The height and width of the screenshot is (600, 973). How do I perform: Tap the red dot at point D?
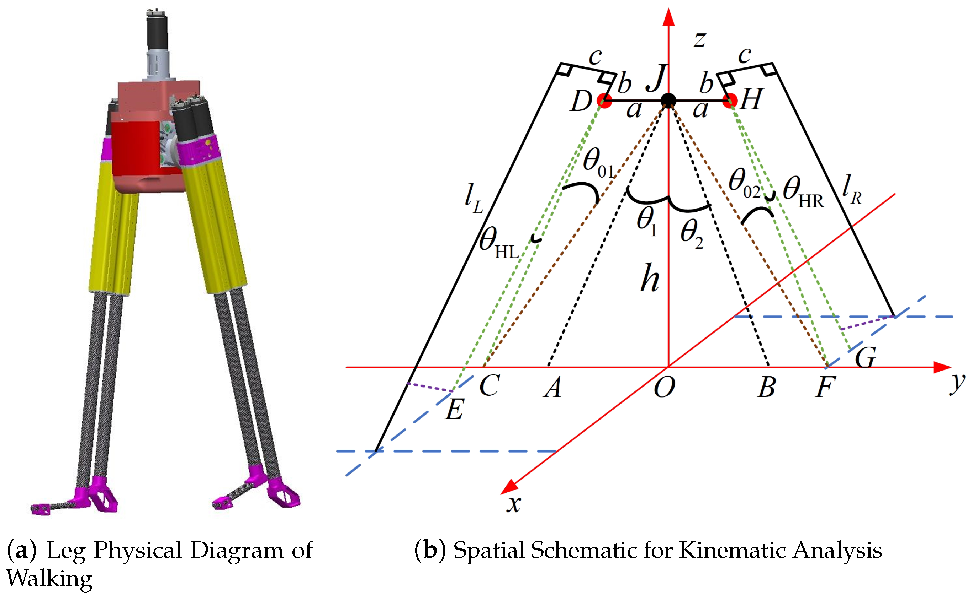coord(605,101)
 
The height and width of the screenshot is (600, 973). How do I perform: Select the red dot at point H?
coord(730,101)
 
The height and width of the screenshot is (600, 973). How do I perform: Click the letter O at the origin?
coord(664,387)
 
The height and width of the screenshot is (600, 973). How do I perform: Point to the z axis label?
coord(700,40)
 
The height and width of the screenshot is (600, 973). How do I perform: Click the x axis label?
coord(514,503)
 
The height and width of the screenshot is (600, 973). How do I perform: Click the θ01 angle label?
coord(598,163)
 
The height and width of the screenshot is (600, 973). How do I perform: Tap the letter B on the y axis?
coord(766,387)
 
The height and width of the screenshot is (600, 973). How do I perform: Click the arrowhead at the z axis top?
coord(669,17)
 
